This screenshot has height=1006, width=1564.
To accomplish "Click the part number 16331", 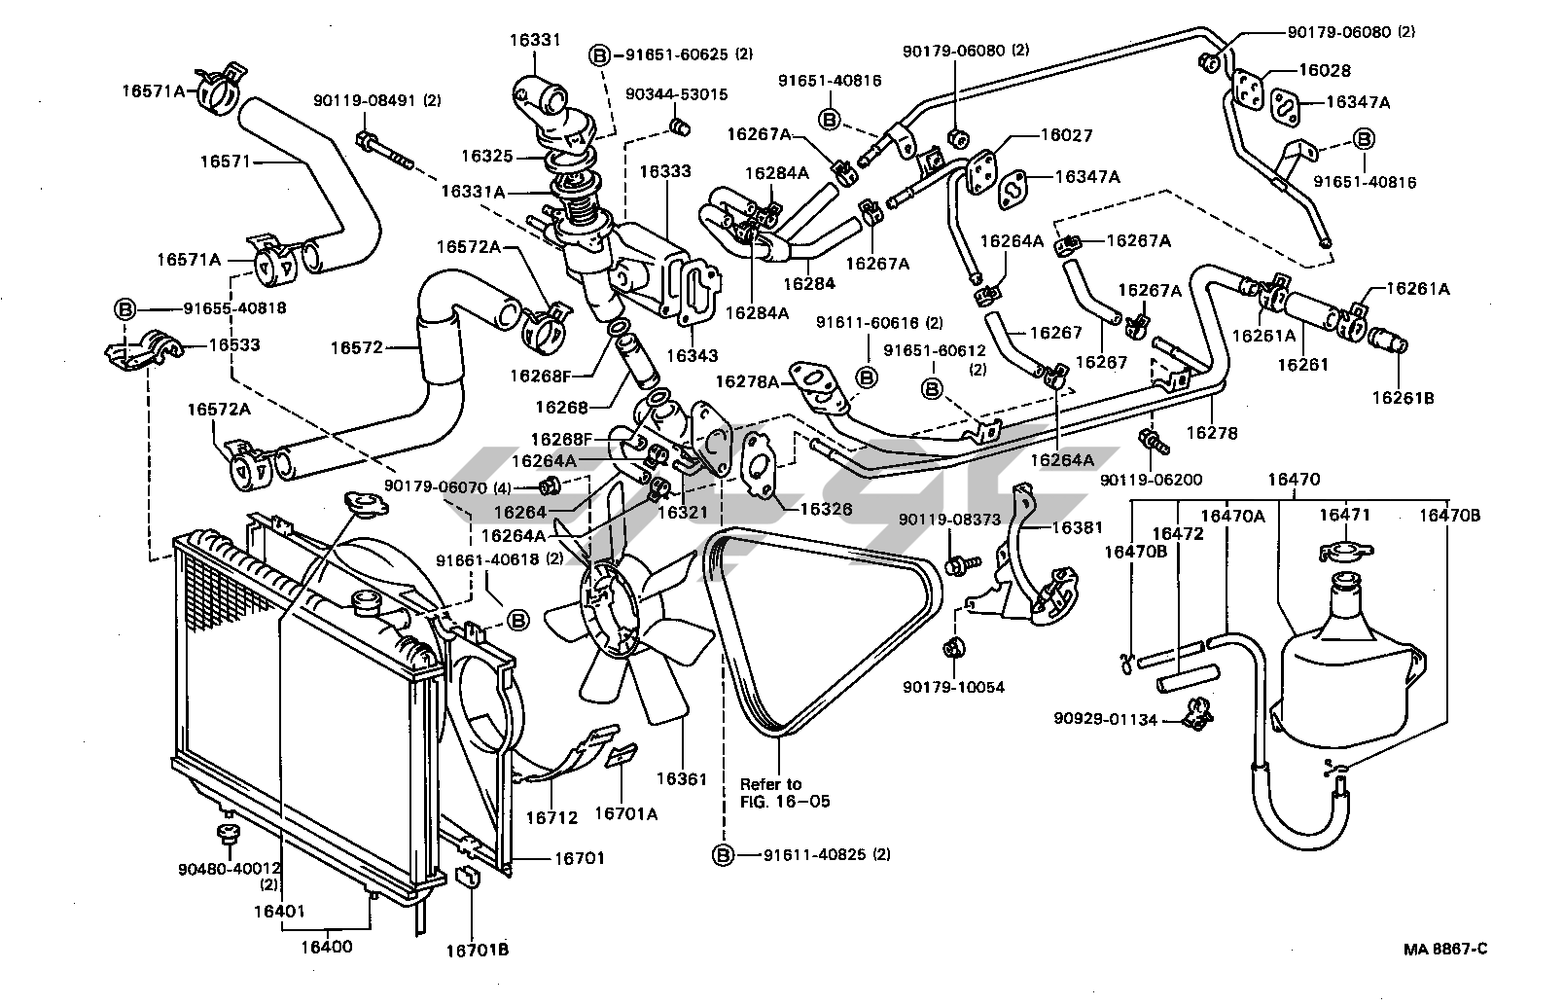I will point(534,40).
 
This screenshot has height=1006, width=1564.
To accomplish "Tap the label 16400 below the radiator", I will point(325,946).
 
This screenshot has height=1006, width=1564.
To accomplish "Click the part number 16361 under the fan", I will point(682,778).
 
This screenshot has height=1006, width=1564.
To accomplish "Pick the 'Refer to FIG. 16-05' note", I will point(771,793).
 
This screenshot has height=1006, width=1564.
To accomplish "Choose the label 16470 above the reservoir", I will point(1294,479).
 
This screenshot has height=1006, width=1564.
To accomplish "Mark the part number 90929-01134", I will point(1104,720).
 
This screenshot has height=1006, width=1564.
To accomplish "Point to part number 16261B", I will point(1402,397).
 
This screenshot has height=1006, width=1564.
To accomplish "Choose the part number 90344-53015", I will point(677,94).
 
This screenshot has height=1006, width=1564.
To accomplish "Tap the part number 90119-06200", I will point(1152,480).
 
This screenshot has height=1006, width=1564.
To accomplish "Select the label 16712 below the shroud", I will point(551,818).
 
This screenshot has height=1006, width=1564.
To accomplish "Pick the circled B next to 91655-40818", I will point(125,308).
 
